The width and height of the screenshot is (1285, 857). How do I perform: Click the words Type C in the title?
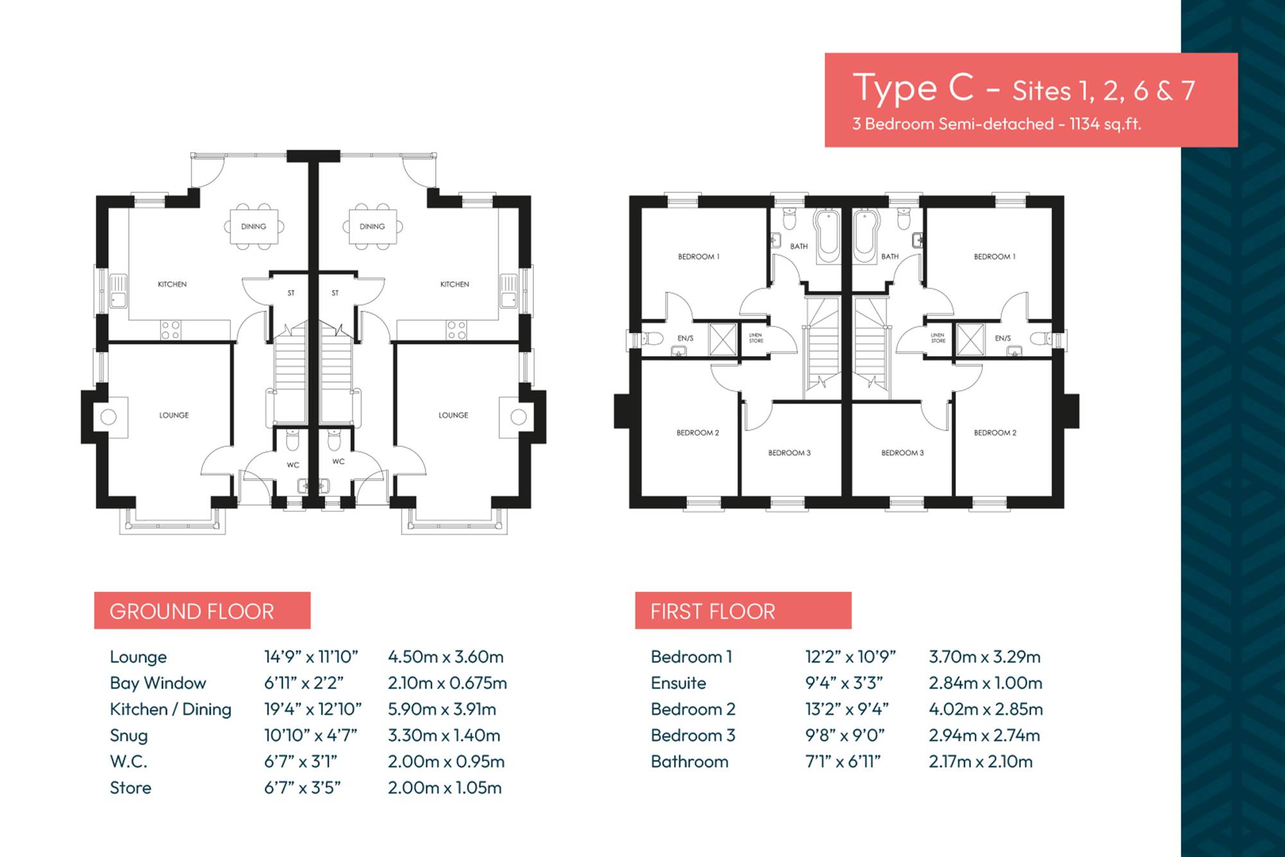tap(913, 89)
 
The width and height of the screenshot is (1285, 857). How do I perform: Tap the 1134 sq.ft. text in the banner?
tap(1105, 124)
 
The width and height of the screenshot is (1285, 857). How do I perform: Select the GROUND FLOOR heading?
tap(191, 611)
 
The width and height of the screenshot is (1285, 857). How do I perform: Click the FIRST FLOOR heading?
tap(713, 611)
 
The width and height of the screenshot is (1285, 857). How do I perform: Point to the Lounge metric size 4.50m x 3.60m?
tap(445, 656)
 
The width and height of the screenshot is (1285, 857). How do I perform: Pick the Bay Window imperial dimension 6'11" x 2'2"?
tap(303, 683)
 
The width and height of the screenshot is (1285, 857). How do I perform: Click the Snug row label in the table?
tap(128, 735)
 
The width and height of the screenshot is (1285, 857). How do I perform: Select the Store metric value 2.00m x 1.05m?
tap(445, 788)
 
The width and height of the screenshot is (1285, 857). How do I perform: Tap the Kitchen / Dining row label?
tap(170, 709)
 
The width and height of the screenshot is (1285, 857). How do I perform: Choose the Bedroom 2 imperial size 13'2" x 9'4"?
tap(847, 709)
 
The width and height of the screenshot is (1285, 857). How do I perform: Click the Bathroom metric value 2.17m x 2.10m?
tap(980, 762)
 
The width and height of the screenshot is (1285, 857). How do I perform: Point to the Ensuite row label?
tap(678, 683)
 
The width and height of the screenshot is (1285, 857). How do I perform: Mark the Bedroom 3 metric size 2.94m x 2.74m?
tap(984, 735)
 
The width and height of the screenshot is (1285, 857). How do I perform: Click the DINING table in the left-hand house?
tap(254, 226)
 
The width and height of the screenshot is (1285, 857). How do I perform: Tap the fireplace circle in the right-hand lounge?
tap(518, 417)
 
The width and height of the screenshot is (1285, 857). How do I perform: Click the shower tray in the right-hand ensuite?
tap(971, 339)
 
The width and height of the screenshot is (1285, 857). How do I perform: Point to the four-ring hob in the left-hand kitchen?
tap(170, 330)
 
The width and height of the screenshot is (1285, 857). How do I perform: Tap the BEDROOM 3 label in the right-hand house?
tap(902, 453)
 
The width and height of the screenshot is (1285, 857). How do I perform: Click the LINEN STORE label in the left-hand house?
tap(756, 338)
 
